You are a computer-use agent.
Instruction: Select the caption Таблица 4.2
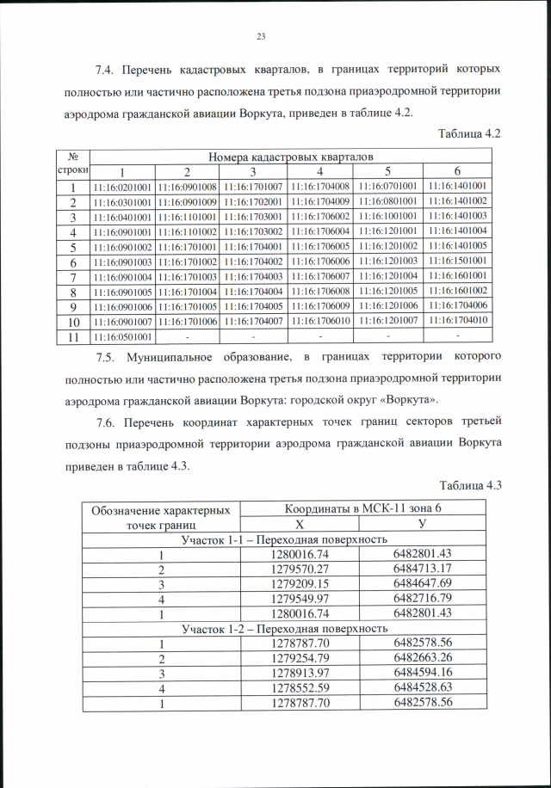(x=469, y=133)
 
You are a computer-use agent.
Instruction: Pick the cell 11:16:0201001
(x=122, y=187)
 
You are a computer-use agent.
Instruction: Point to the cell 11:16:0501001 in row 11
(x=122, y=336)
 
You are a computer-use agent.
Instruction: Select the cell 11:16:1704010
(x=458, y=320)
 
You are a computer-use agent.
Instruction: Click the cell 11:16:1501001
(x=458, y=261)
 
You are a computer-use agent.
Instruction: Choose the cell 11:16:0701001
(x=391, y=186)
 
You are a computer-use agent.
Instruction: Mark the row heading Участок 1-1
(x=283, y=539)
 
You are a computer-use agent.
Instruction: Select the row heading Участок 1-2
(x=283, y=628)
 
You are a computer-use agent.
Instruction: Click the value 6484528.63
(x=423, y=687)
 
